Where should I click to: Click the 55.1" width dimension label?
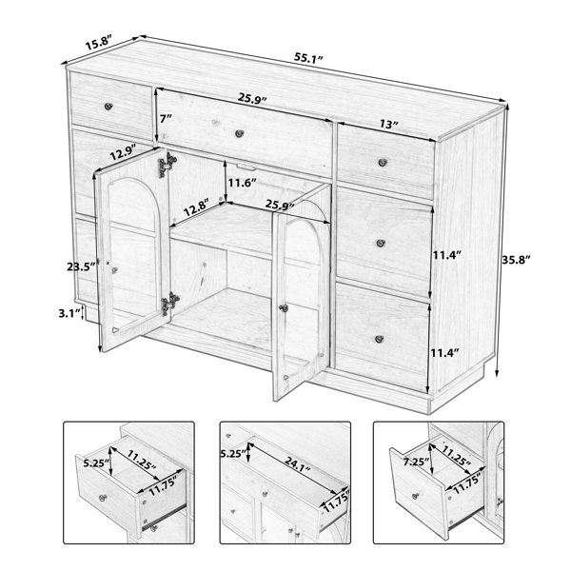tap(308, 58)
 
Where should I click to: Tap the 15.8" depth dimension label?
tap(98, 43)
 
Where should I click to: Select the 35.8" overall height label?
tap(516, 260)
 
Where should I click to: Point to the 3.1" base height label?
tap(69, 313)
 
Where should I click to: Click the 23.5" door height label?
tap(81, 266)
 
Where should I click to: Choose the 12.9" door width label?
tap(123, 152)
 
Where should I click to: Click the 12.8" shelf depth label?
tap(196, 207)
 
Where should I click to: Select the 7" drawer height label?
tap(166, 118)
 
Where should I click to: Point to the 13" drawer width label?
tap(388, 124)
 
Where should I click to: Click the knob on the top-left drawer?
tap(108, 107)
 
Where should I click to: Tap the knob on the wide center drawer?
tap(239, 133)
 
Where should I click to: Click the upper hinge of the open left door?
tap(167, 165)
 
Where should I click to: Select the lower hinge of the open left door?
tap(169, 303)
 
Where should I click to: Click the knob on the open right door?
tap(284, 308)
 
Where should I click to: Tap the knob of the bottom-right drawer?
tap(379, 339)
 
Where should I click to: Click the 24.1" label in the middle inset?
tap(298, 465)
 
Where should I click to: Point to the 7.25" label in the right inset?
tap(416, 463)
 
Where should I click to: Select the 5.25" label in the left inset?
tap(96, 463)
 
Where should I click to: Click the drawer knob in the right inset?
tap(415, 496)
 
